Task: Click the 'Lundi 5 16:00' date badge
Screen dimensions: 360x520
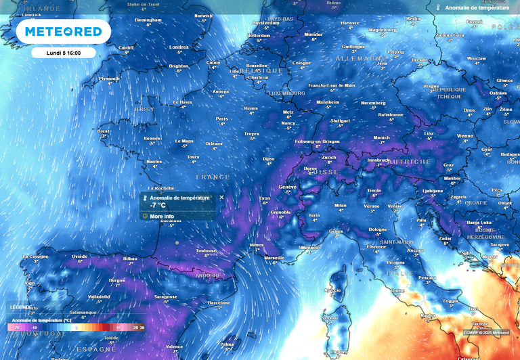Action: (63, 53)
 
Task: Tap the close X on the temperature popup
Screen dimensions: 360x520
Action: (221, 198)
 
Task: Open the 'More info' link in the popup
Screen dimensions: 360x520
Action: (161, 216)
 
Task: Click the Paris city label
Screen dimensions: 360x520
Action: (221, 118)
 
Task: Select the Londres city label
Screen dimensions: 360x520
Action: (179, 47)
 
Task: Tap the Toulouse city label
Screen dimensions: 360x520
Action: (206, 250)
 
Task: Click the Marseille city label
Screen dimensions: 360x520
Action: (274, 258)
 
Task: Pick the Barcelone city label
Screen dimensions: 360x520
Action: (219, 302)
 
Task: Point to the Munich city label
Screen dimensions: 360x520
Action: (382, 137)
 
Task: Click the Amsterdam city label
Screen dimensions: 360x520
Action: (265, 22)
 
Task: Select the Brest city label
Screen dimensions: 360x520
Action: (104, 131)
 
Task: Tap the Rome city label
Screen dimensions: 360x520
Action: (397, 290)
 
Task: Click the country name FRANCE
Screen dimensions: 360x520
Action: (213, 177)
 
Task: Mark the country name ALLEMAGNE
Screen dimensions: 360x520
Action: (360, 59)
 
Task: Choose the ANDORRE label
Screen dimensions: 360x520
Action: (207, 276)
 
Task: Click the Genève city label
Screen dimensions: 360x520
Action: (288, 187)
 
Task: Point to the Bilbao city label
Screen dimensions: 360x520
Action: (130, 258)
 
